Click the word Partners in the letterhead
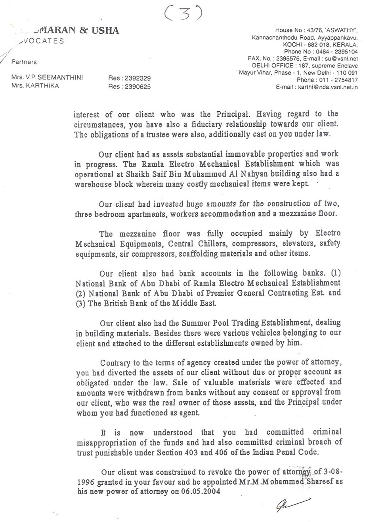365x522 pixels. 24,62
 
